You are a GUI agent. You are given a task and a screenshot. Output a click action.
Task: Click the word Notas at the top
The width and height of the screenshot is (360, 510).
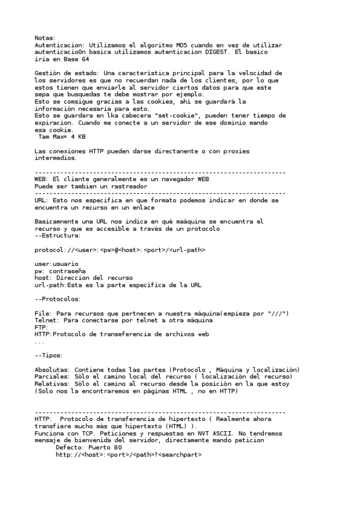[44, 38]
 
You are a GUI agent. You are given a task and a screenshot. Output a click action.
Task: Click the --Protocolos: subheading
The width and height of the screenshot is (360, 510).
[58, 299]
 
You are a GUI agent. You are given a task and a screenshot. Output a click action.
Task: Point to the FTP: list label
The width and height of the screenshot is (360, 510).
[41, 328]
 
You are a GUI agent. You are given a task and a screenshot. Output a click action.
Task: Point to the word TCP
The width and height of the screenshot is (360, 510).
[91, 433]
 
